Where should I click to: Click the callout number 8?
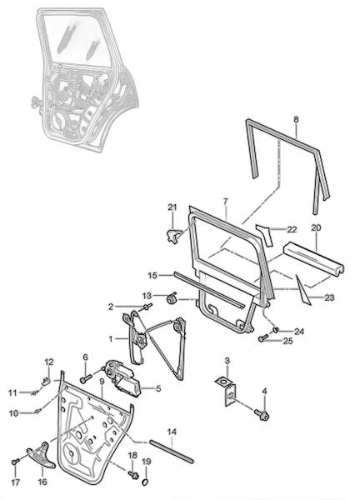coord(296,119)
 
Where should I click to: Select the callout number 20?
coord(316,227)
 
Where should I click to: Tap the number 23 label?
coord(329,297)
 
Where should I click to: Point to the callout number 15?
coord(152,275)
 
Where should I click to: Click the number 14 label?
coord(172,432)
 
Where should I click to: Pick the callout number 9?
coord(102,381)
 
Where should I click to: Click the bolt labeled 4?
coord(262,415)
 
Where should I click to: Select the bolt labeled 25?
coord(264,338)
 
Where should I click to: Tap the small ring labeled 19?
coord(145,482)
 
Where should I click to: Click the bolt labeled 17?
coord(15,462)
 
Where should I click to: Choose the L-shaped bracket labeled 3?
coord(227,391)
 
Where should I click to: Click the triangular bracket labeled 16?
coord(41,454)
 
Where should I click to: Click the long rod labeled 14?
coord(172,451)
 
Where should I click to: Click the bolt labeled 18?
coord(133,474)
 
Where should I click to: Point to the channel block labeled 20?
coord(314,261)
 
